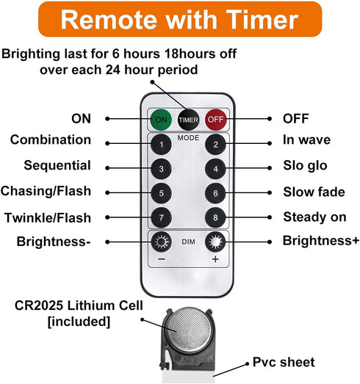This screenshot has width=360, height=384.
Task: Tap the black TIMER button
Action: tap(188, 120)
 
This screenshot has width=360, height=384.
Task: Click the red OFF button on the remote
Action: tap(216, 120)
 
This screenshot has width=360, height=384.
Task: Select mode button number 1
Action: tap(161, 144)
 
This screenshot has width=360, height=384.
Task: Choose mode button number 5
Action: tap(161, 193)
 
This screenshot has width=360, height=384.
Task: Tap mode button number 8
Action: tap(215, 217)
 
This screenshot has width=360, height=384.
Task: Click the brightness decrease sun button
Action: tap(161, 242)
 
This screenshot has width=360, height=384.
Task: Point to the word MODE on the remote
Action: tap(188, 138)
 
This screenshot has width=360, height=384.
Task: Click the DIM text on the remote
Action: tap(188, 242)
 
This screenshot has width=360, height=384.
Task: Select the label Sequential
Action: tap(57, 165)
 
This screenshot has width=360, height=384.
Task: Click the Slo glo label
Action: tap(305, 165)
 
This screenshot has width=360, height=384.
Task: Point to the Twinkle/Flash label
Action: tap(48, 218)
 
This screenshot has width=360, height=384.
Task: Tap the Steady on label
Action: tap(314, 217)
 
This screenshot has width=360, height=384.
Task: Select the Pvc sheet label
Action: tap(284, 363)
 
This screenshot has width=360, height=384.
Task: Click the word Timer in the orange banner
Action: tap(262, 20)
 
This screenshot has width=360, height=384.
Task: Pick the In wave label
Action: tap(306, 140)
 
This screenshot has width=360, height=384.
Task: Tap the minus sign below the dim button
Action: tap(162, 259)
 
